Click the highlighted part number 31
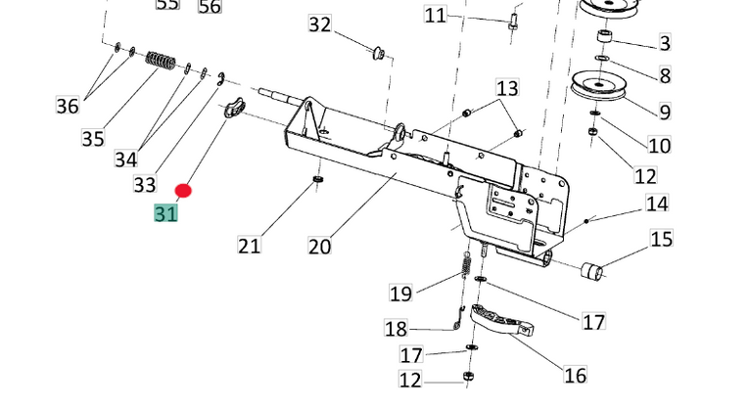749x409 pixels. click(x=165, y=212)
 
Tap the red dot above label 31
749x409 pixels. click(x=183, y=191)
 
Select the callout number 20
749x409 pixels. click(x=320, y=246)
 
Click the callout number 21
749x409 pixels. click(x=250, y=245)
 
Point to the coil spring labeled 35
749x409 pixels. click(x=161, y=60)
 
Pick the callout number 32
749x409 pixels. click(x=320, y=24)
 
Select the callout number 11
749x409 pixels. click(x=436, y=16)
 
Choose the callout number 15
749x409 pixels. click(x=662, y=239)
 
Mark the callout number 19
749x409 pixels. click(x=400, y=293)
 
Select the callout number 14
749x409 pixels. click(x=656, y=204)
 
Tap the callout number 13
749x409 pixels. click(x=506, y=89)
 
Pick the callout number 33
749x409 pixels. click(x=145, y=184)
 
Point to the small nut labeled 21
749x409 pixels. click(x=317, y=180)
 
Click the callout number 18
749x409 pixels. click(x=396, y=329)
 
